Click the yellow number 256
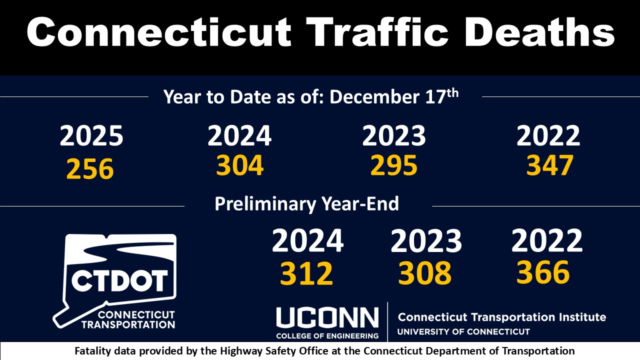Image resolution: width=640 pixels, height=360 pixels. click(x=90, y=169)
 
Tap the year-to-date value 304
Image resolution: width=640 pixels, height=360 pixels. click(x=239, y=165)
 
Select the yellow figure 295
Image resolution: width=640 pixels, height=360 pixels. click(x=394, y=165)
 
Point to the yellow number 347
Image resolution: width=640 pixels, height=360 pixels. click(x=549, y=165)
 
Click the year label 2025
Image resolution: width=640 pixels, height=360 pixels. click(x=91, y=136)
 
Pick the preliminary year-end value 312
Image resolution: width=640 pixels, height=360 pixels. click(x=306, y=273)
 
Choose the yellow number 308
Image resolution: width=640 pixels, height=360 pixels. click(x=425, y=273)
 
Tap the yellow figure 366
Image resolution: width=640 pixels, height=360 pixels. click(x=543, y=272)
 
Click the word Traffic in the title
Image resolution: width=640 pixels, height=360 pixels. click(x=377, y=31)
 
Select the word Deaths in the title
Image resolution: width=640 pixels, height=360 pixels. click(x=540, y=31)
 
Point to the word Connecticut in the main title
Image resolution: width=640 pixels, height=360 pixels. click(x=159, y=31)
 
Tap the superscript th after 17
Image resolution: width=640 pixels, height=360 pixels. click(x=452, y=93)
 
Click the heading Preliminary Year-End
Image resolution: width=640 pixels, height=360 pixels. click(x=306, y=203)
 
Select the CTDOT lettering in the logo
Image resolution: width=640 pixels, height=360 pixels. click(x=119, y=280)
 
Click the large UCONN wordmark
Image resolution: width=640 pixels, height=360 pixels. click(x=327, y=317)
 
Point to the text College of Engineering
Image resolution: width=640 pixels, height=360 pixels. click(x=327, y=336)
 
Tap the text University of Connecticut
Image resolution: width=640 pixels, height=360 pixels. click(x=463, y=331)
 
